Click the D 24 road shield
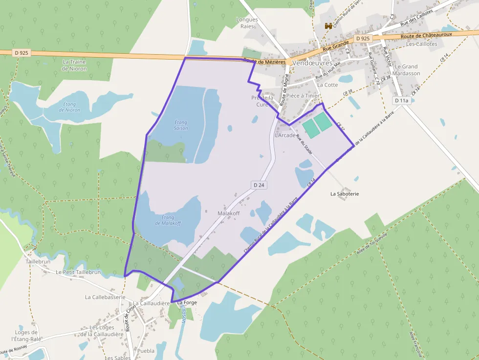(259, 185)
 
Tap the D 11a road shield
(401, 101)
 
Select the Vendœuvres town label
(311, 64)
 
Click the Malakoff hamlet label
(229, 213)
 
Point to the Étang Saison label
(181, 125)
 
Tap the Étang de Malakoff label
(168, 220)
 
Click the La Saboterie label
(345, 194)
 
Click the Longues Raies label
(247, 23)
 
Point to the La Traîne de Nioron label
(74, 65)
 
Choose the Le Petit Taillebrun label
(78, 272)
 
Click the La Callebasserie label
(105, 296)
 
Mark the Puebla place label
(146, 351)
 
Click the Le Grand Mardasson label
(407, 70)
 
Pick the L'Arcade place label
(285, 135)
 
